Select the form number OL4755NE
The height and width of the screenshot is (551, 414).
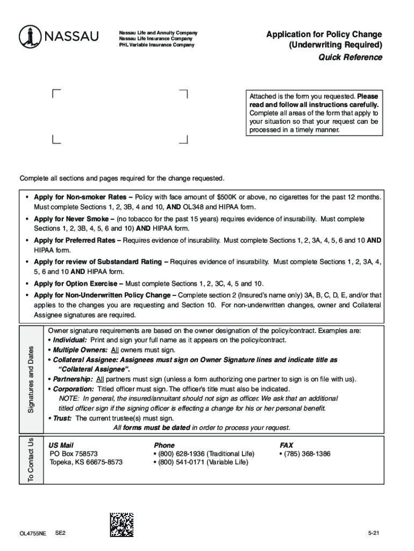tap(33, 533)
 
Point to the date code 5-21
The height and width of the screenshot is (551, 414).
tap(374, 533)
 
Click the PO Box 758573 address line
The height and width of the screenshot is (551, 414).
tap(74, 454)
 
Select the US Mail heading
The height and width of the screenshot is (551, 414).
tap(61, 445)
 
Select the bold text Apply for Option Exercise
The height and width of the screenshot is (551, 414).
tap(78, 284)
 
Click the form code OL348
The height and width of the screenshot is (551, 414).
tap(192, 207)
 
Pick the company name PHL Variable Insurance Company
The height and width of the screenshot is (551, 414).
tap(156, 45)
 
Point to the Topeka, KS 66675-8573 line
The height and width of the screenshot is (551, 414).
tap(86, 462)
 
